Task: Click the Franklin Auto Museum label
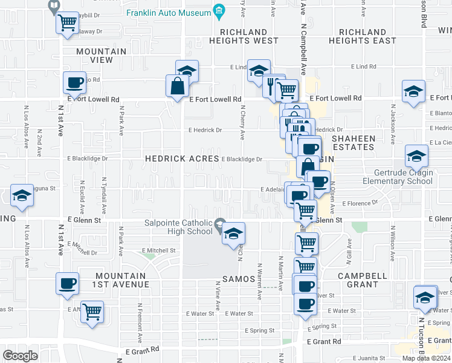pos(167,12)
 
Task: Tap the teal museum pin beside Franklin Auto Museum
pos(219,11)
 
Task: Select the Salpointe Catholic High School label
pos(178,227)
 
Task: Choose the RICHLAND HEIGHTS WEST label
pos(244,36)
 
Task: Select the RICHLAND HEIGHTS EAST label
pos(363,36)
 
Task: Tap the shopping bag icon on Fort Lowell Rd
pos(178,86)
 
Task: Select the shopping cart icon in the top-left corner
pos(67,23)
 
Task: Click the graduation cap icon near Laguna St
pos(22,196)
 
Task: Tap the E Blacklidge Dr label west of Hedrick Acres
pos(88,159)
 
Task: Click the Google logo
pos(21,355)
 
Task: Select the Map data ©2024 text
pos(426,358)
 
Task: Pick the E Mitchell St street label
pos(158,250)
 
